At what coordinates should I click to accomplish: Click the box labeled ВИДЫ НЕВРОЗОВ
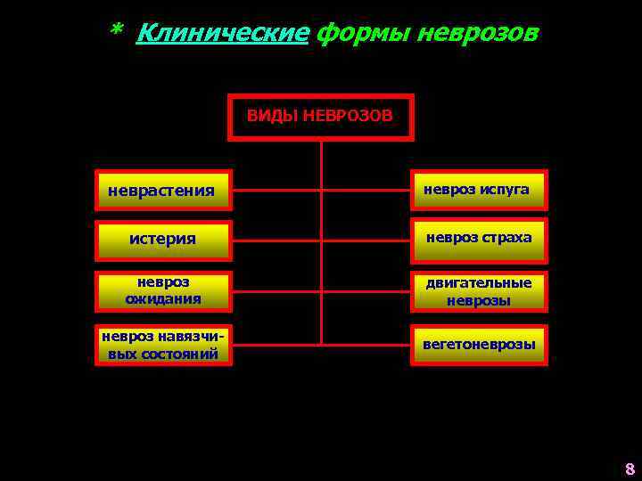[321, 117]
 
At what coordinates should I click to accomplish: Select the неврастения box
[163, 190]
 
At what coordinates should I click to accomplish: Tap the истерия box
[163, 240]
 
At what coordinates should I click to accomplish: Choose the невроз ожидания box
[163, 291]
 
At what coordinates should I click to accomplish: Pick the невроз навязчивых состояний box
[163, 344]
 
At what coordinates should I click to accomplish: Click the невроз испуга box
[478, 190]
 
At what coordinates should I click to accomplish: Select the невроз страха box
[478, 239]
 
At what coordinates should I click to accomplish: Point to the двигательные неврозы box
[478, 291]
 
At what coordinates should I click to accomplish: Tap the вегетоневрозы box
[478, 344]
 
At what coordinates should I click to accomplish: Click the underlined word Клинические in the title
[223, 34]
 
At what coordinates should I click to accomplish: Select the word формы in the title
[353, 34]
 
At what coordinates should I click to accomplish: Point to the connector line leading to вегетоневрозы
[366, 344]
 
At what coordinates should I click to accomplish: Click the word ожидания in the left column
[163, 299]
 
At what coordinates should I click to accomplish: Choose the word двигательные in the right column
[478, 283]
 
